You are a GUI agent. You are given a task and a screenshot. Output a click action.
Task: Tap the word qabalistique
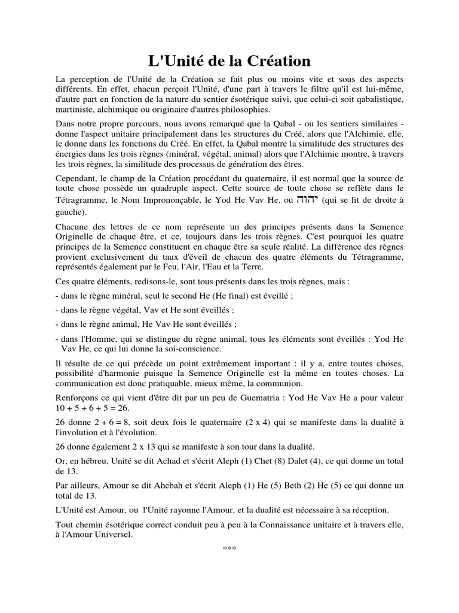[377, 98]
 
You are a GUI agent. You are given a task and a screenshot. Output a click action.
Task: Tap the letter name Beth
[314, 485]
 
